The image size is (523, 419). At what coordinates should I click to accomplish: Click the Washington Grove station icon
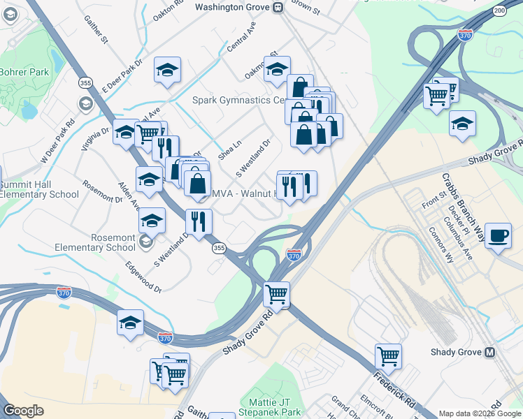coord(278,7)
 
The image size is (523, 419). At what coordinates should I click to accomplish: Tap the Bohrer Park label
coord(24,72)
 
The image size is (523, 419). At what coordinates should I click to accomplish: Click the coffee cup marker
coord(498,236)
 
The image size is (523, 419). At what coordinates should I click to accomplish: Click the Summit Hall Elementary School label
coord(39,189)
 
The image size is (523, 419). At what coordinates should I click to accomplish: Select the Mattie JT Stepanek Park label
coord(275,407)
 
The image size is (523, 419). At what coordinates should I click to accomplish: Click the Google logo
coord(24,411)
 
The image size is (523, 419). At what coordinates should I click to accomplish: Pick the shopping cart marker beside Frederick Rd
coord(388,356)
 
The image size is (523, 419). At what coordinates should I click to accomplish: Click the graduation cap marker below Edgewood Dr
coord(130,323)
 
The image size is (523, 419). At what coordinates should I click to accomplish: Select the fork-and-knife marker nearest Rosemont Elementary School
coord(199,221)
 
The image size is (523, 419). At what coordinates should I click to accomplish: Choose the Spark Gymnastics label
coord(238,101)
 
